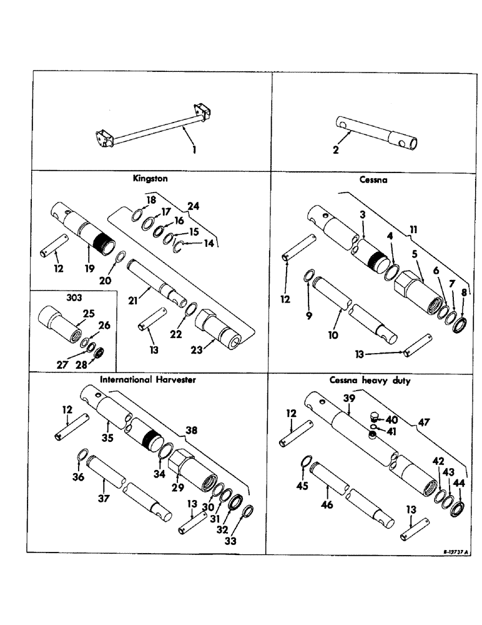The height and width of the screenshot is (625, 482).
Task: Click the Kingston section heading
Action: [x=150, y=178]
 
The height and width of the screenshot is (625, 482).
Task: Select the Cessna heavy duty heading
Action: [x=370, y=381]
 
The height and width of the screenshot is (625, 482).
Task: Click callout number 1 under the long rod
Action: [x=194, y=150]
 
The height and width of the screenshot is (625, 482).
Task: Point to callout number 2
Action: [x=336, y=150]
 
